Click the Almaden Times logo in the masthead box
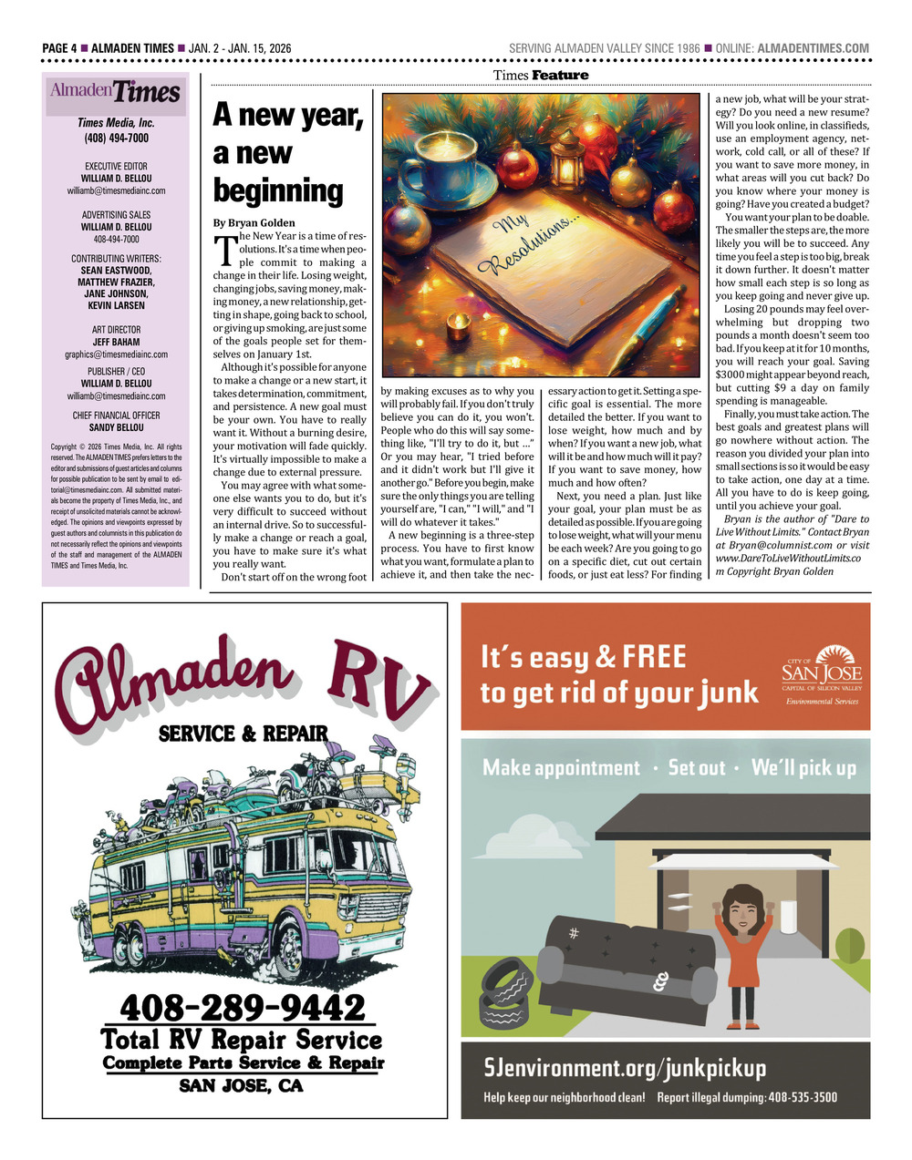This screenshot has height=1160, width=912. [x=116, y=93]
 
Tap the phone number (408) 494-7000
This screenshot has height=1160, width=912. [x=116, y=138]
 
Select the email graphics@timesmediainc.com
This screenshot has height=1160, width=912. [x=116, y=354]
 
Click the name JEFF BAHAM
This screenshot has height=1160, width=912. [x=116, y=342]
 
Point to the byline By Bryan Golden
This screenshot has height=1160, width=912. [x=254, y=222]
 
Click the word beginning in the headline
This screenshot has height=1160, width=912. [x=277, y=190]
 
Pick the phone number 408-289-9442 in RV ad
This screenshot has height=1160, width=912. [x=244, y=1007]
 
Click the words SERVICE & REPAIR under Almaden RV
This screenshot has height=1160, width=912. [x=244, y=733]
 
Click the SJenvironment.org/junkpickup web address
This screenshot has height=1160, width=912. [x=625, y=1067]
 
